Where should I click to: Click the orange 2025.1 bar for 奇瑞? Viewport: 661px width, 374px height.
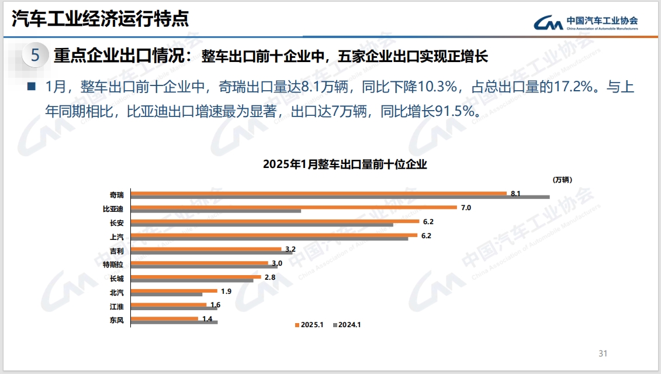pos(319,193)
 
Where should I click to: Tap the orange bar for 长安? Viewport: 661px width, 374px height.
pos(275,221)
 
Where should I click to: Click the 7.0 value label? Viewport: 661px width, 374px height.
pos(466,208)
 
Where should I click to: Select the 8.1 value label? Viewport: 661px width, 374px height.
pos(515,193)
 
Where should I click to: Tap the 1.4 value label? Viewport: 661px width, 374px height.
pos(207,319)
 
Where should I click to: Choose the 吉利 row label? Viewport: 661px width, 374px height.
pos(117,251)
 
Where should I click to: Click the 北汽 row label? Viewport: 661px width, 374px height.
pos(117,292)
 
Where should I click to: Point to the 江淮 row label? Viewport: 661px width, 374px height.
pos(117,306)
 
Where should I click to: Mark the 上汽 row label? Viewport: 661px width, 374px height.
pos(117,237)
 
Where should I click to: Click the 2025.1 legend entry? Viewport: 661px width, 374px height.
pos(310,325)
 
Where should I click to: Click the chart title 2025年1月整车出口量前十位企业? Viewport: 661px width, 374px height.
pos(345,164)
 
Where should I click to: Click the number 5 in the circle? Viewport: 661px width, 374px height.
pos(35,56)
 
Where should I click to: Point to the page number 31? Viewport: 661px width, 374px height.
pos(603,354)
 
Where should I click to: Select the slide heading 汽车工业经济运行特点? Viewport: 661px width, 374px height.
pos(101,19)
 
